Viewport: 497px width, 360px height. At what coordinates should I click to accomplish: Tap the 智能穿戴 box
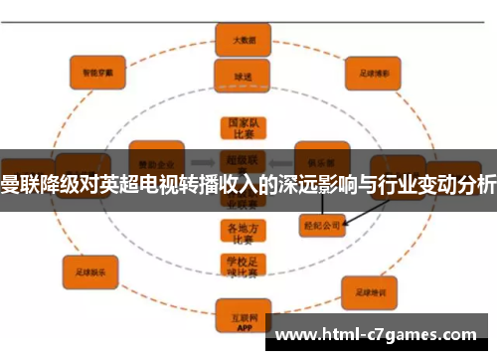97,72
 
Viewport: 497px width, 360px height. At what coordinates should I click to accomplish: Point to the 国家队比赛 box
244,128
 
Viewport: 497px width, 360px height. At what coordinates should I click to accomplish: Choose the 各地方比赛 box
244,231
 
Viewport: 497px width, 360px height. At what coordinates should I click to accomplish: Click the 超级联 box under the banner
244,159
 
